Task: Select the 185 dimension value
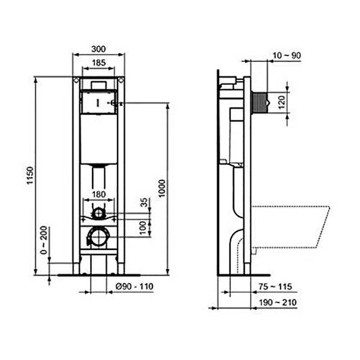tap(102, 64)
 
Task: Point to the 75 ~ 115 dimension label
tap(271, 286)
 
